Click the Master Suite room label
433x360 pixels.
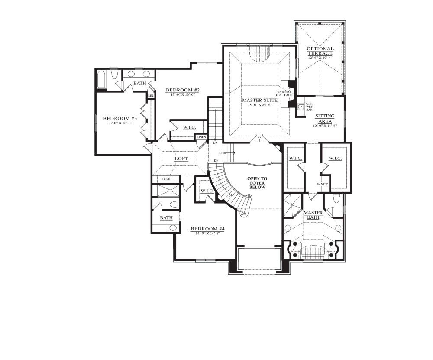[x=259, y=100]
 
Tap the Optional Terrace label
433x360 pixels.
[x=320, y=51]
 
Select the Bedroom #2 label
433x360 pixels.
[x=183, y=90]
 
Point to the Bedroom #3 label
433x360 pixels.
[x=120, y=119]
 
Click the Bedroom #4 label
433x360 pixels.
[x=208, y=229]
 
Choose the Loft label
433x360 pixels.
[x=181, y=159]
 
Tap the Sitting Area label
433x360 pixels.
[x=325, y=119]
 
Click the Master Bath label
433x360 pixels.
[x=313, y=215]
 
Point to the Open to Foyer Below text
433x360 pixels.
[x=257, y=183]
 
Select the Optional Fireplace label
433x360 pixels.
[x=284, y=94]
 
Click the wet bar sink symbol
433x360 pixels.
[x=301, y=106]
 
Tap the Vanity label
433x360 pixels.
[x=322, y=184]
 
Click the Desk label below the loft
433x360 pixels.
[x=166, y=179]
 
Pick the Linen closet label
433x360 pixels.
[x=201, y=137]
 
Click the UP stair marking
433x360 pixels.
[x=221, y=153]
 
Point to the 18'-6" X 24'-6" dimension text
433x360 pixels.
[x=259, y=105]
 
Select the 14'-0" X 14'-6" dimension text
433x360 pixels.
[x=207, y=233]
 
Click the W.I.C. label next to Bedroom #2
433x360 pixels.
[x=190, y=127]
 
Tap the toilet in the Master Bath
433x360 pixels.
[x=336, y=198]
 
